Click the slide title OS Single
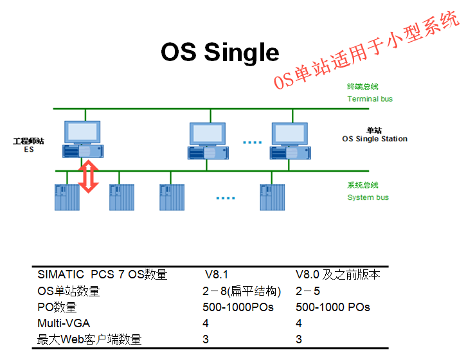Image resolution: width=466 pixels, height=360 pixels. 220,53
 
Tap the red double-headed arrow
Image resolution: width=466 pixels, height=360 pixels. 89,177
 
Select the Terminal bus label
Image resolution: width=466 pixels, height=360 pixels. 370,99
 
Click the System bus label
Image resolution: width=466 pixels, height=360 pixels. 368,197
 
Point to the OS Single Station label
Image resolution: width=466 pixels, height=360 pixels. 374,139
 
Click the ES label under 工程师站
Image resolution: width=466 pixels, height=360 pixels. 29,149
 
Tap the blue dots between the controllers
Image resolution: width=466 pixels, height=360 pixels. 225,198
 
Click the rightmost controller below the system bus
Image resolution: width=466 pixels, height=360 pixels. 272,197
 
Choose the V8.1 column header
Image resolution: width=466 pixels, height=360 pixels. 216,275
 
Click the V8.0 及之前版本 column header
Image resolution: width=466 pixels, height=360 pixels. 337,275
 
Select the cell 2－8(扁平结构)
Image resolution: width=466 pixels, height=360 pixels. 242,291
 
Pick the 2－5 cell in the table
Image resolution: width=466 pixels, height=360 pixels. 308,291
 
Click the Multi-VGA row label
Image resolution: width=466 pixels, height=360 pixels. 63,323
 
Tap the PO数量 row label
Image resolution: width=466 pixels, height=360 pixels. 57,307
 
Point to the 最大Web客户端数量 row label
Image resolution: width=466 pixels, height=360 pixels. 89,339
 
